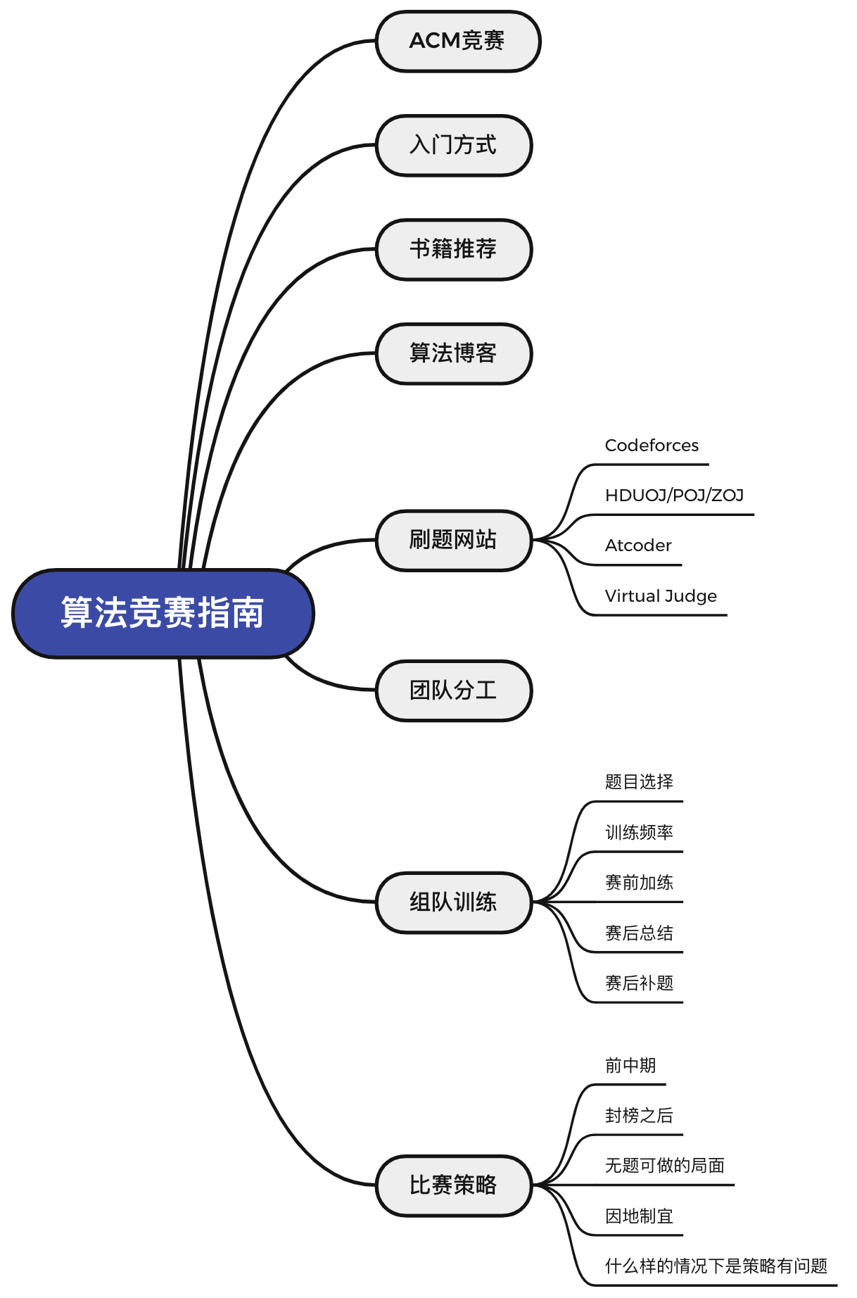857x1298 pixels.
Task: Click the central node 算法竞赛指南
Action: click(163, 614)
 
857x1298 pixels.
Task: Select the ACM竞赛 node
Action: click(458, 42)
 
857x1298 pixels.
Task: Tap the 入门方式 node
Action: click(454, 146)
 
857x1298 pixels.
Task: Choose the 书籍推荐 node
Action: click(454, 250)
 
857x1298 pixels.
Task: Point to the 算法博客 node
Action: click(454, 354)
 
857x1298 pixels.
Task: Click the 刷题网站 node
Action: click(454, 541)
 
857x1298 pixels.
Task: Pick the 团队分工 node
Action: click(454, 691)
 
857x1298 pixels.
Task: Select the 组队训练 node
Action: click(454, 902)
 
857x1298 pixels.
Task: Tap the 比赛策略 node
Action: click(454, 1185)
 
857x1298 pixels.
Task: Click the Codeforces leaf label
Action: click(652, 446)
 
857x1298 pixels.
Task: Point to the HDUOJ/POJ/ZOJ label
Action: click(674, 496)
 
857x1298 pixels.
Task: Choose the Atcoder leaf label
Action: click(638, 546)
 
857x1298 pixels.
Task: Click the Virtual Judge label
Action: click(661, 596)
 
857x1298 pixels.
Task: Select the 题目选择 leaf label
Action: click(639, 782)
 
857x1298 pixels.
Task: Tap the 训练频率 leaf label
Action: click(639, 833)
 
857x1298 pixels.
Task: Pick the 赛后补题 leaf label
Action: click(639, 983)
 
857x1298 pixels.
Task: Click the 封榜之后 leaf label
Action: click(639, 1116)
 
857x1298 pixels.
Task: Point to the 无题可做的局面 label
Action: click(665, 1166)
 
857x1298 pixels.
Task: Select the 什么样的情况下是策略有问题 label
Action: click(716, 1266)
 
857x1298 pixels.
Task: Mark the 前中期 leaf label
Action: click(630, 1066)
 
